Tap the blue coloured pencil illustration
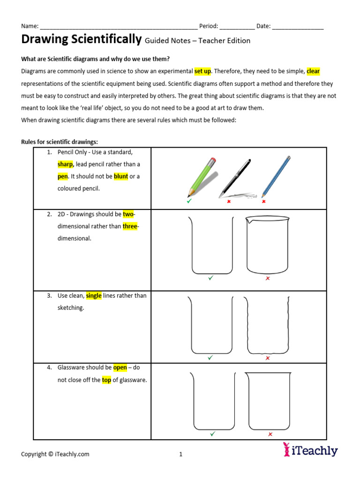coord(276,176)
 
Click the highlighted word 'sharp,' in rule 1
coord(66,165)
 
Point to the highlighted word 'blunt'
coord(120,177)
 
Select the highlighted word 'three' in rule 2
coord(130,226)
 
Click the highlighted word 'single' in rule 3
coord(94,296)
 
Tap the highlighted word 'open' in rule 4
coord(120,368)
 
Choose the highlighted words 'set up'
coord(202,71)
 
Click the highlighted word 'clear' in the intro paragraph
coord(313,71)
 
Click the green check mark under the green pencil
coord(189,201)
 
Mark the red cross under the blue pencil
coord(263,202)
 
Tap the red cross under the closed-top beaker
coord(270,435)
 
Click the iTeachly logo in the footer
coord(310,450)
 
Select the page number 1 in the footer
coord(180,454)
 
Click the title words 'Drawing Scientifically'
coord(81,40)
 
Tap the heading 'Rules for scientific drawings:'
coord(60,142)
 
